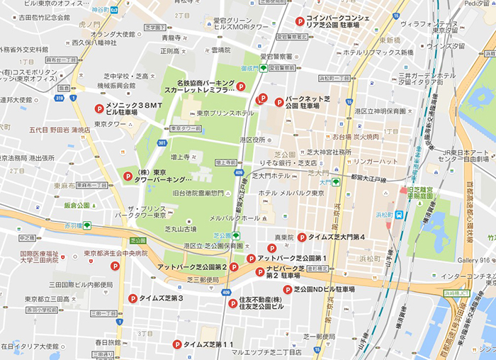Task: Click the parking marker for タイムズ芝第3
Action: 132,299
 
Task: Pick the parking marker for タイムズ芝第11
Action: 176,344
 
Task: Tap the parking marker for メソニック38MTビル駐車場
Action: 99,108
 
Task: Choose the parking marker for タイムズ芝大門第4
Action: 302,237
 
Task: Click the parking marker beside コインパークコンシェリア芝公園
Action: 300,22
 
